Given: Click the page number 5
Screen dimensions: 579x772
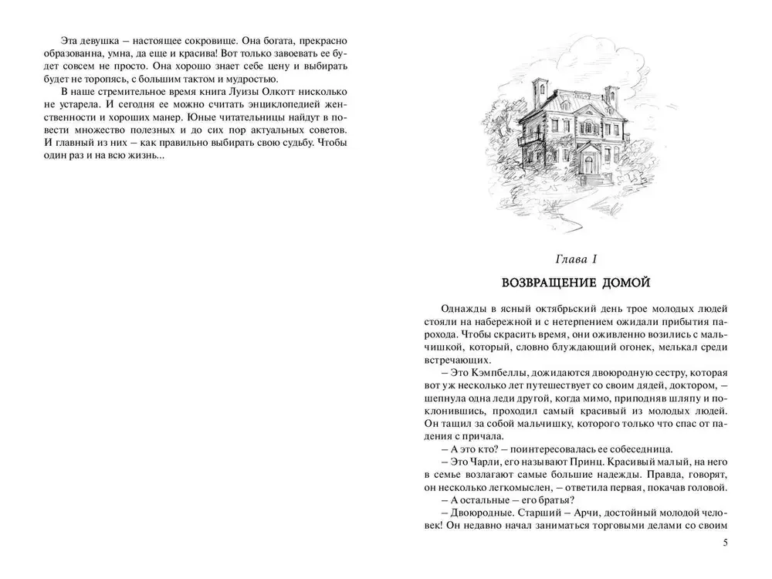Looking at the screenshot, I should click(x=725, y=543).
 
